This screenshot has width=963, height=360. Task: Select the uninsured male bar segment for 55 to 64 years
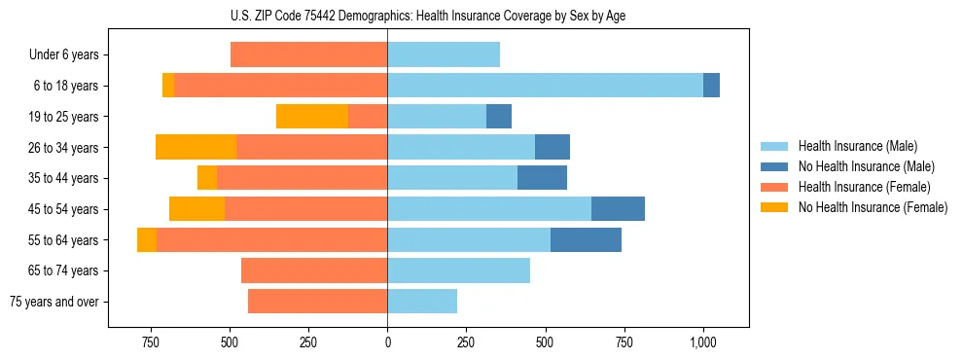pyautogui.click(x=586, y=239)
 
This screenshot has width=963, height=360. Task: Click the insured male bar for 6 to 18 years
pyautogui.click(x=545, y=86)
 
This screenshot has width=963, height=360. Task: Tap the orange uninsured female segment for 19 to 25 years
pyautogui.click(x=312, y=117)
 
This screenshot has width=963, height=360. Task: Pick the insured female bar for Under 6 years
pyautogui.click(x=308, y=54)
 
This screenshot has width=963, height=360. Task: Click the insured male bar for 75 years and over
pyautogui.click(x=422, y=302)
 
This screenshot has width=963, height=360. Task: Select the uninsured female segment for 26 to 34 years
pyautogui.click(x=196, y=147)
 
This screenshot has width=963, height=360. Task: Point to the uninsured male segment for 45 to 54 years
pyautogui.click(x=618, y=209)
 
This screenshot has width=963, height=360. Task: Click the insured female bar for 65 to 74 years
pyautogui.click(x=314, y=270)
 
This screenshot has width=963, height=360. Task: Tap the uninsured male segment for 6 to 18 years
pyautogui.click(x=711, y=86)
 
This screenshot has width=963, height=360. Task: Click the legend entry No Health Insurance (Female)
pyautogui.click(x=873, y=207)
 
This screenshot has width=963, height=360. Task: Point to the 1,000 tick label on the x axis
pyautogui.click(x=702, y=342)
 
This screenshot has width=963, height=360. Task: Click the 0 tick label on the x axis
pyautogui.click(x=387, y=342)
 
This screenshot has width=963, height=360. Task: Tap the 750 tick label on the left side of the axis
pyautogui.click(x=150, y=342)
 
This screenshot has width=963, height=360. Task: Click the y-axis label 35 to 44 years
pyautogui.click(x=64, y=178)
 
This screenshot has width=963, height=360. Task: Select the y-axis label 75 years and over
pyautogui.click(x=53, y=302)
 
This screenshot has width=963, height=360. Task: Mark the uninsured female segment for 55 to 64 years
pyautogui.click(x=147, y=239)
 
